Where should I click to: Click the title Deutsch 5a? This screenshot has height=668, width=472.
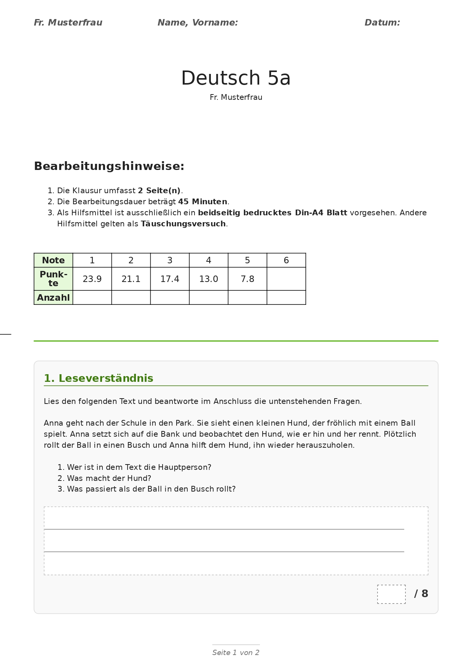[x=236, y=78]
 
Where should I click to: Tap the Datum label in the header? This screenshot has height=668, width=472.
[x=382, y=23]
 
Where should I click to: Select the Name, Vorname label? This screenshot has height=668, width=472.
[x=198, y=23]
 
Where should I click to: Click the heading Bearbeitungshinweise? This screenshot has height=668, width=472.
[x=109, y=167]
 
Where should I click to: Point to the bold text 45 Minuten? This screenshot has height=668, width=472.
[x=203, y=202]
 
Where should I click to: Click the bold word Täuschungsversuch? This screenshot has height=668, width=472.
[x=183, y=224]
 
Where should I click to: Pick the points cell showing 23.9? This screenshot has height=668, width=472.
[x=92, y=279]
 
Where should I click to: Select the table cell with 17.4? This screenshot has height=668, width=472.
[x=170, y=279]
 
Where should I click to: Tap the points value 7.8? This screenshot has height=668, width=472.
[x=247, y=279]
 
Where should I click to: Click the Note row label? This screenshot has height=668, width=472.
[x=53, y=260]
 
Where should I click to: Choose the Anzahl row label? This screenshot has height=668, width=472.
[x=53, y=298]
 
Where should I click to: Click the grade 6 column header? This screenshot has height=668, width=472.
[x=286, y=260]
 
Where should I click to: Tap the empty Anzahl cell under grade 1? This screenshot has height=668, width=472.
[x=92, y=298]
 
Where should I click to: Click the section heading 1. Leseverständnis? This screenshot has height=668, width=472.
[x=99, y=378]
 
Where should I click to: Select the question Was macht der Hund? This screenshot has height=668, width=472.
[x=109, y=478]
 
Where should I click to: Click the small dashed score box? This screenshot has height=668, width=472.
[x=391, y=594]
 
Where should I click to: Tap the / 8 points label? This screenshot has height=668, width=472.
[x=421, y=594]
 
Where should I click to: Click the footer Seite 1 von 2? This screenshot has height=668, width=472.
[x=236, y=653]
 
